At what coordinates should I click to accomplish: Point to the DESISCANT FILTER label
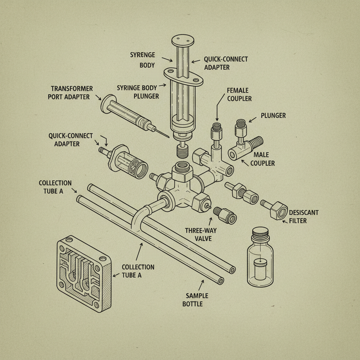click(x=303, y=217)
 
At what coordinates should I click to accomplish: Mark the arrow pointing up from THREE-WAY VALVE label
click(x=211, y=221)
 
